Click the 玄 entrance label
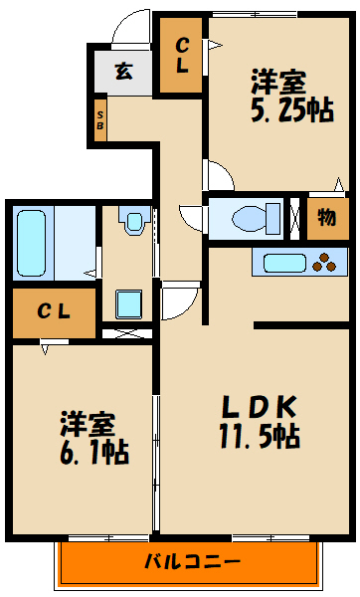(123, 71)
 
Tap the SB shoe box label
(100, 119)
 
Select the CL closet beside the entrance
(184, 56)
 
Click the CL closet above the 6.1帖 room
(54, 310)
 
